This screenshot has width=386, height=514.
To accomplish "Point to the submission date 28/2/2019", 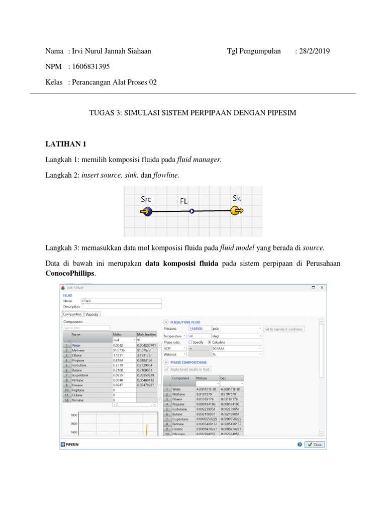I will pos(312,51).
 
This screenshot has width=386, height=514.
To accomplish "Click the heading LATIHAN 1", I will pos(66,144).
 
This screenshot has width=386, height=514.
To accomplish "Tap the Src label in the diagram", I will pos(146,199).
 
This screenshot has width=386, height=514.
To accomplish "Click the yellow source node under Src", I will pos(145,212).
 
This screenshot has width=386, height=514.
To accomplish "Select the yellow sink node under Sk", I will pos(236,211).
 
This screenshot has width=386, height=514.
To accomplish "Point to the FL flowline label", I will pos(184,201).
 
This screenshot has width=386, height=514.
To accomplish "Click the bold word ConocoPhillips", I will pos(70,274).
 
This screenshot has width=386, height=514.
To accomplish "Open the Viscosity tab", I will pos(92,314).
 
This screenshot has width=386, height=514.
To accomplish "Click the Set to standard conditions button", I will pos(284,329).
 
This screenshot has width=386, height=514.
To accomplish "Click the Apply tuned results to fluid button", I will pos(187,369).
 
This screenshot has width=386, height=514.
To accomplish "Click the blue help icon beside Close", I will pos(300,444).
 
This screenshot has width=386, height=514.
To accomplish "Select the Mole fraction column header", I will pos(147,334).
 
